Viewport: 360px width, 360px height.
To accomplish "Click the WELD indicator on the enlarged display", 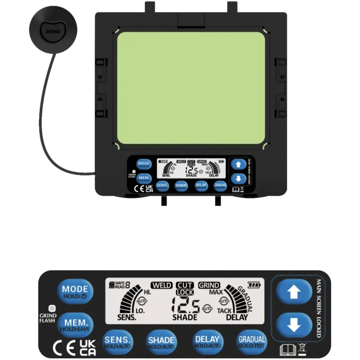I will click(162, 285).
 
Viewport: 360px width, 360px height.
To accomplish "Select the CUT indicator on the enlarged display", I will click(185, 285).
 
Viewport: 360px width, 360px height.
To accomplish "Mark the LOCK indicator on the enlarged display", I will click(185, 292).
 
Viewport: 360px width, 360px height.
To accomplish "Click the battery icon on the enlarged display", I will click(254, 284).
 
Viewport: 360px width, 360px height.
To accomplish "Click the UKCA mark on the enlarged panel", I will click(87, 348).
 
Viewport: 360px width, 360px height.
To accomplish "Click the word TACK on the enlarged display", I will click(224, 310).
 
